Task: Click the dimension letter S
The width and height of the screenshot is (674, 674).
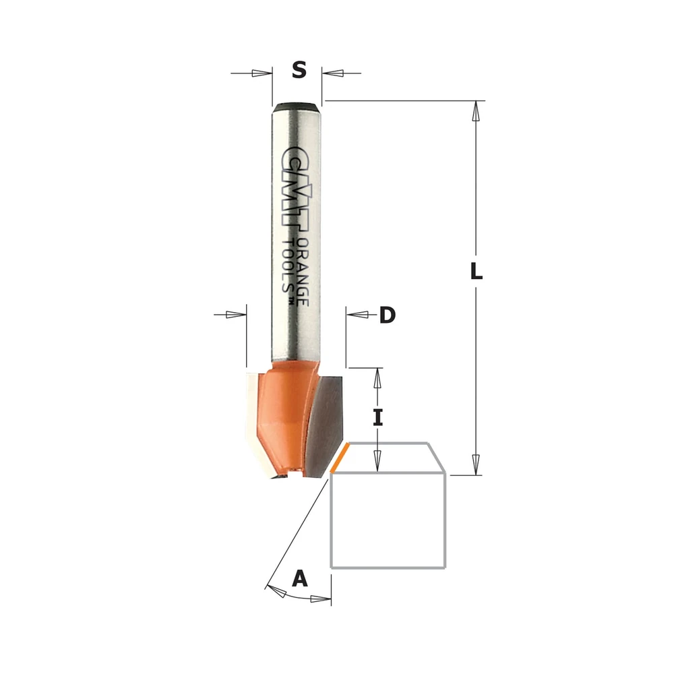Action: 299,69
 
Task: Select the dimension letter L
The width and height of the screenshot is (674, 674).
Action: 477,271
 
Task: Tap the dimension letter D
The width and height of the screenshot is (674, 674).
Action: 388,315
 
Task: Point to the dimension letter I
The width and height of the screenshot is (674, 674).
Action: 377,417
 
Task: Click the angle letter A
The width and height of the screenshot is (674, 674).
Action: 300,578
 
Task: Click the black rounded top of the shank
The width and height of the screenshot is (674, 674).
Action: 297,105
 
